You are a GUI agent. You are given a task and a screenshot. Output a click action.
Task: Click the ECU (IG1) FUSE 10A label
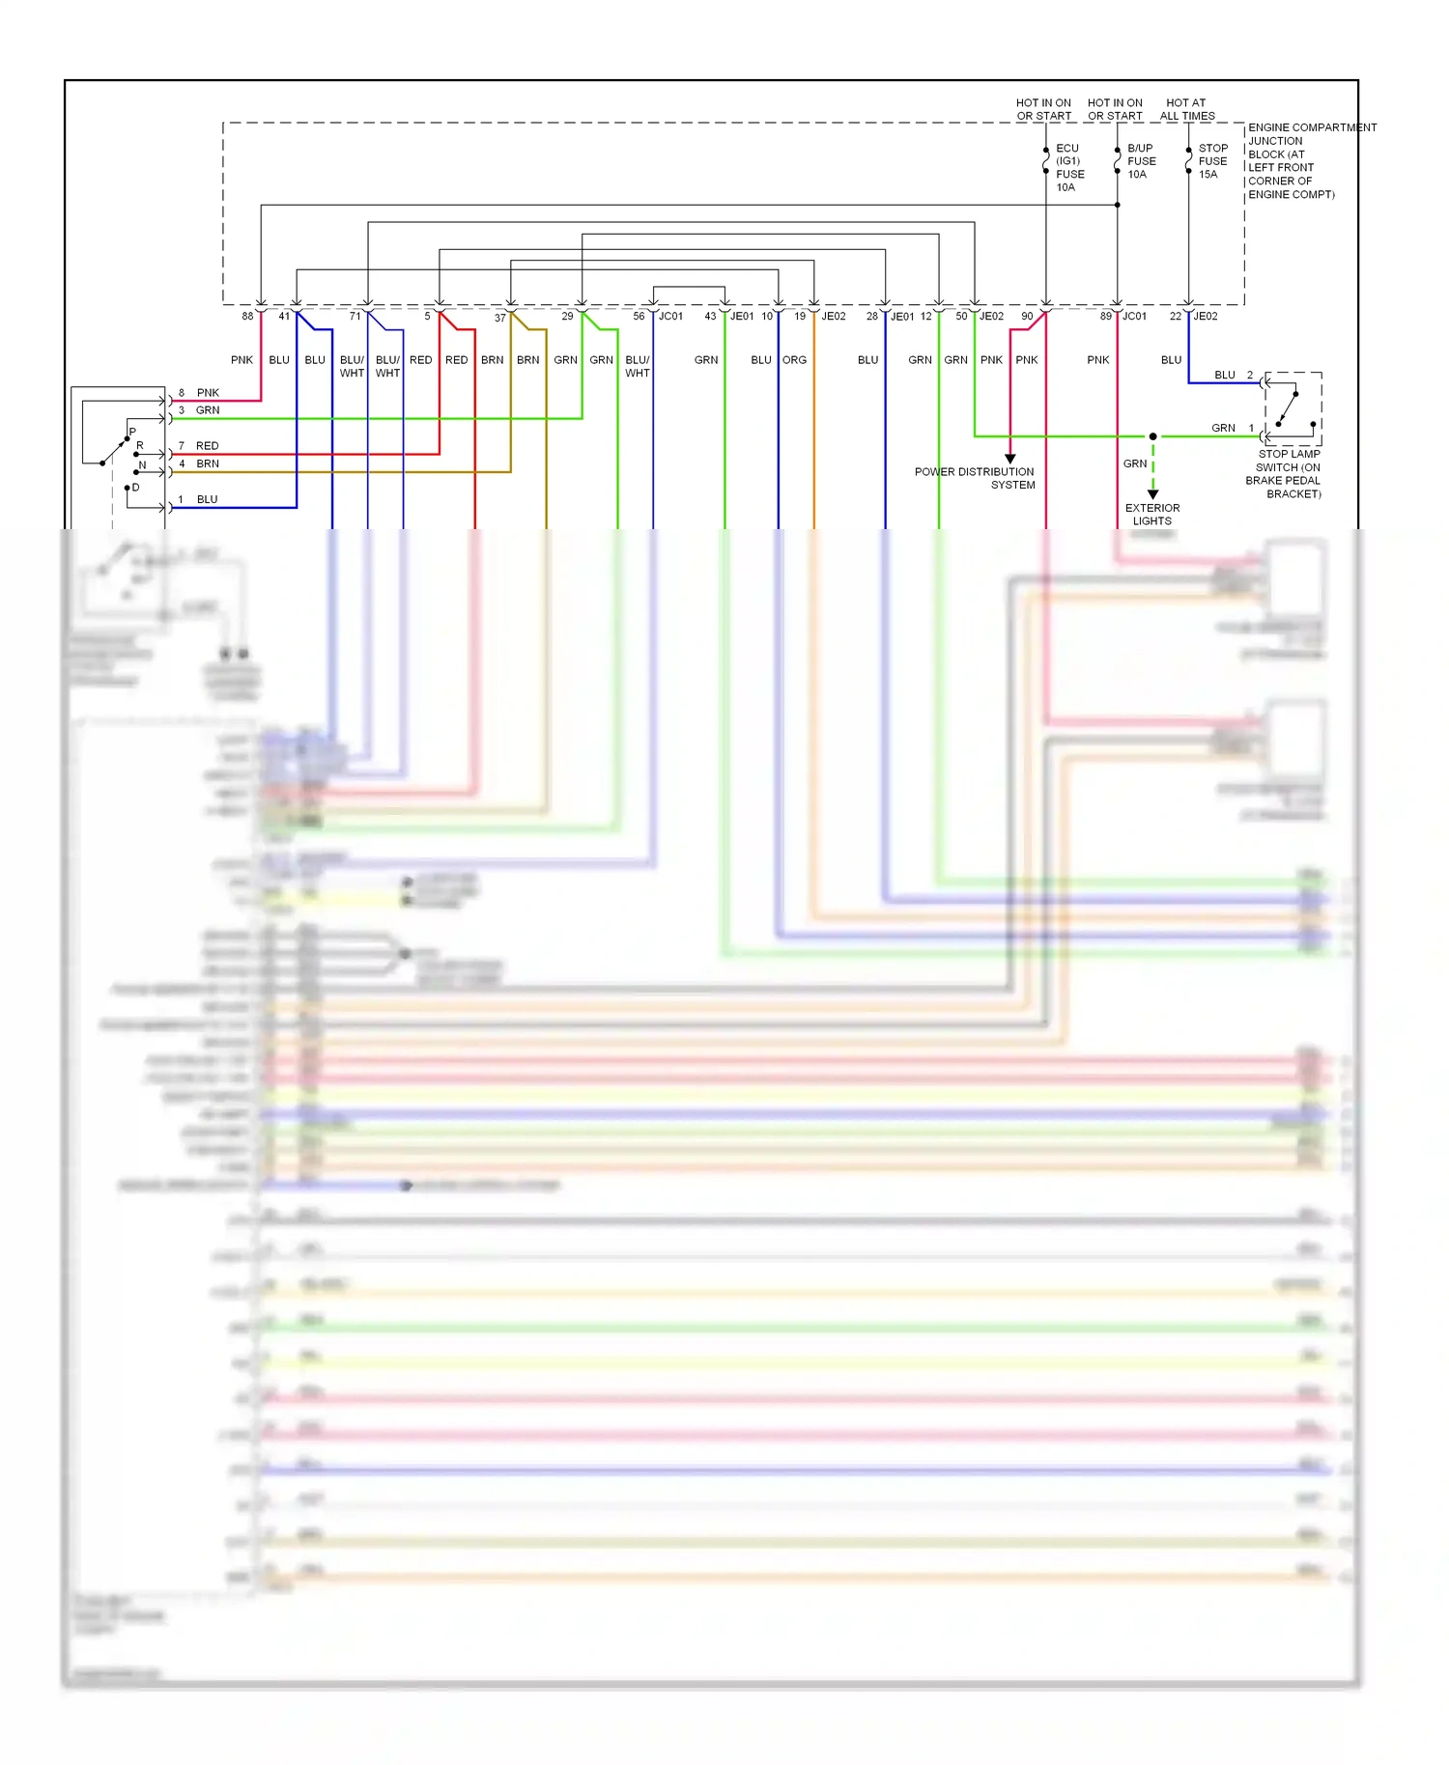point(1069,168)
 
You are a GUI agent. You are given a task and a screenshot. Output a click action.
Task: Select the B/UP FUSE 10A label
point(1141,161)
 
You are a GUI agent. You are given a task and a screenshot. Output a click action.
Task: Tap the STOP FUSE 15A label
point(1212,161)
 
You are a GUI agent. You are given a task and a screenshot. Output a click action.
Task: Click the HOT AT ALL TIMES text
point(1186,109)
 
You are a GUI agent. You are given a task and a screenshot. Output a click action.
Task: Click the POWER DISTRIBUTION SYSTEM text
point(975,478)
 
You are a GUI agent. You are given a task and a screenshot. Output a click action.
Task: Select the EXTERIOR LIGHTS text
point(1151,514)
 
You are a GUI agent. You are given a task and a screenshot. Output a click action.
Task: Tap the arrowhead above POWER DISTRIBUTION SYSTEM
point(1010,459)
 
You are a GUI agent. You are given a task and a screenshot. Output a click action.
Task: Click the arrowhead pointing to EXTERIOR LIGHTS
point(1152,493)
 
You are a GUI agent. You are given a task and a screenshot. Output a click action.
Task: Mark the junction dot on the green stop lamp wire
point(1152,436)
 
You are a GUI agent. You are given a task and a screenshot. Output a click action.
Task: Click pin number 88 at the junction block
point(247,316)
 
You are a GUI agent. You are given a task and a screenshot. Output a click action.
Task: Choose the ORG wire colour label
point(794,360)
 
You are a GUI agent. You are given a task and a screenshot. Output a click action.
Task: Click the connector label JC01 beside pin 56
point(670,316)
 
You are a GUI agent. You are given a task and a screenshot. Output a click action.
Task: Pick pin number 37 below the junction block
point(499,318)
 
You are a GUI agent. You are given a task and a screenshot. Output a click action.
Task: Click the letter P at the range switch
point(132,432)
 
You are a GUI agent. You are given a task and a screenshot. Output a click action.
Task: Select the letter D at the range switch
point(135,488)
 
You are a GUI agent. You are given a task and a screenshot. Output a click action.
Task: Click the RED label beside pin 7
point(207,446)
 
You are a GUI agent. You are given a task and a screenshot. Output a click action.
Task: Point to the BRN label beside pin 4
point(207,463)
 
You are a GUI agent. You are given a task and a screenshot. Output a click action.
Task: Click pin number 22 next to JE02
point(1175,316)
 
